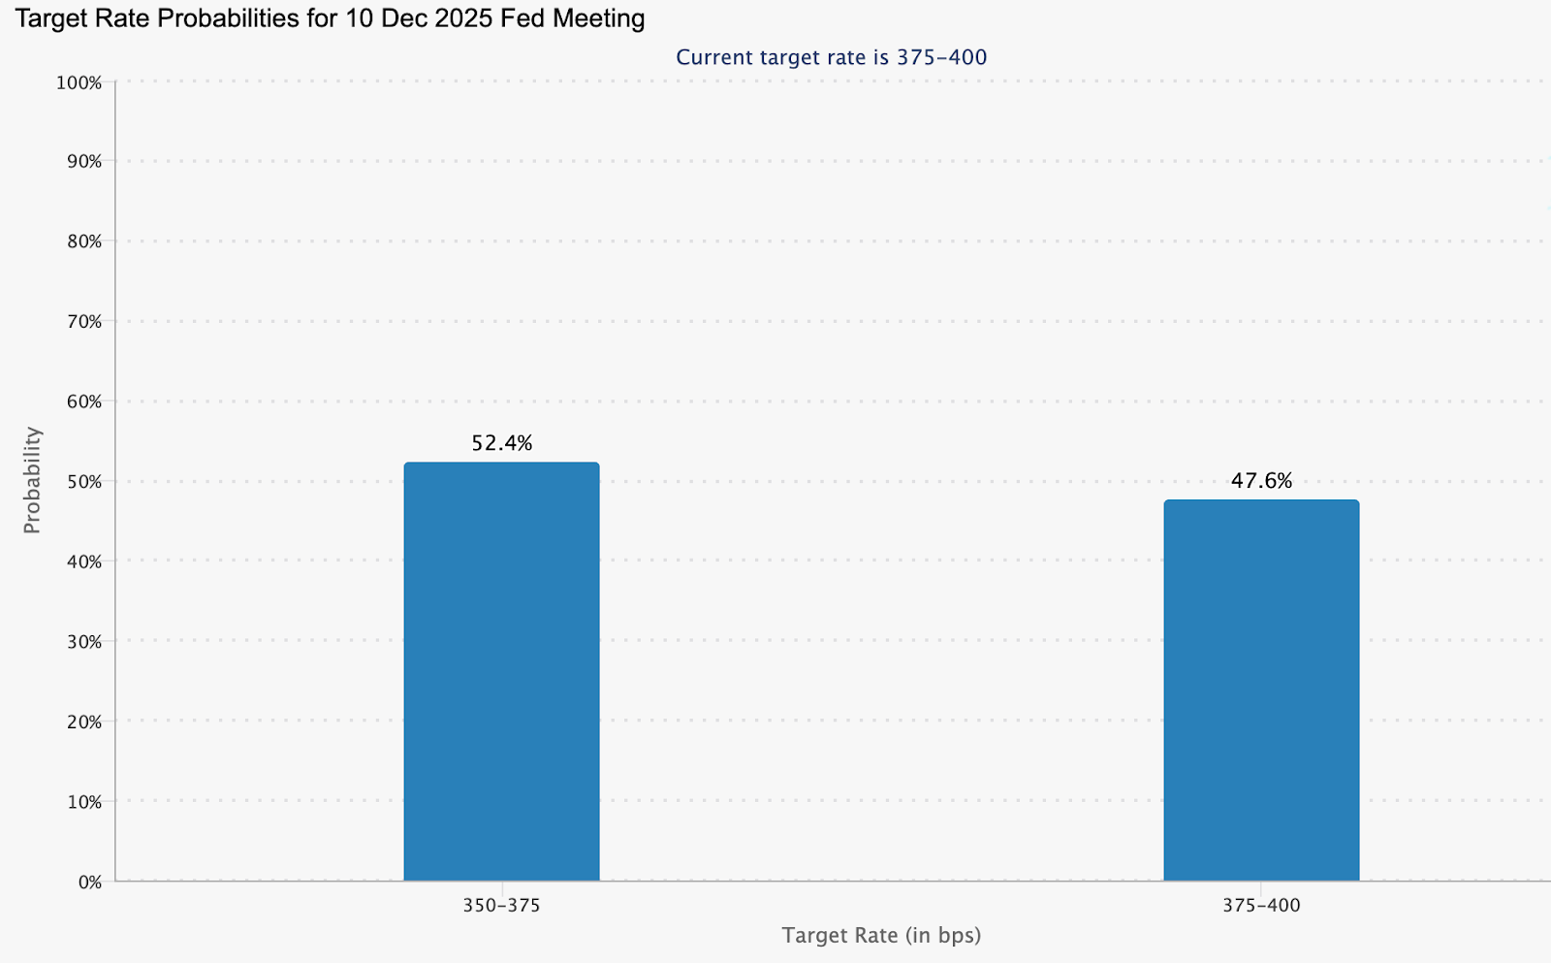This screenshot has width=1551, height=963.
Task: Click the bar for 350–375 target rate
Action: (x=501, y=671)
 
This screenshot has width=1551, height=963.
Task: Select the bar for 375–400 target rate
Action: (x=1261, y=690)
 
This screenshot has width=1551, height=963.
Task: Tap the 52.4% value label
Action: (x=502, y=443)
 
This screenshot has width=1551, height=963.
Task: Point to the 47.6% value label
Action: (x=1261, y=481)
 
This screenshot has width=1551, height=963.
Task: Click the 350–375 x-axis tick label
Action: (x=501, y=906)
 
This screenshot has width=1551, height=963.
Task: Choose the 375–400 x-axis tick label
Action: (x=1261, y=906)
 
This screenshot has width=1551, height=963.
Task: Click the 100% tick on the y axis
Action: (x=79, y=83)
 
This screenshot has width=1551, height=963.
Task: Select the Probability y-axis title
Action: (x=33, y=480)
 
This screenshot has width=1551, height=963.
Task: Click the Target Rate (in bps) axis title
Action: (x=881, y=936)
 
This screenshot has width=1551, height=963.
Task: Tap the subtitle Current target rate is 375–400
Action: (x=831, y=57)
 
